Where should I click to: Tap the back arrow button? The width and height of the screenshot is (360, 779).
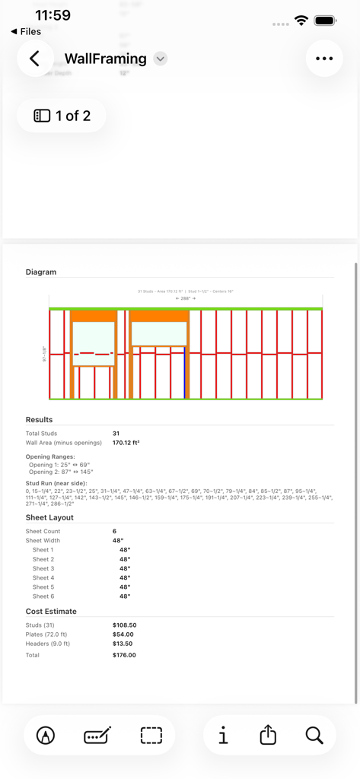34,59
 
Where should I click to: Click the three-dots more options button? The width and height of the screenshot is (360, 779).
324,59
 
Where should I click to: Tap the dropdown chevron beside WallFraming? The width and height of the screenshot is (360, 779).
160,59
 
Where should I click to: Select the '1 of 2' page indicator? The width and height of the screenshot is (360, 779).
62,116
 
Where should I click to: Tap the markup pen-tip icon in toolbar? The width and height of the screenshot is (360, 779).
46,735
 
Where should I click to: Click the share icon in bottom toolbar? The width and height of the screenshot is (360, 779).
268,735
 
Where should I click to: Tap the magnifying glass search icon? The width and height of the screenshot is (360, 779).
314,735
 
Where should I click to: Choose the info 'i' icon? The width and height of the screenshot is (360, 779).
223,735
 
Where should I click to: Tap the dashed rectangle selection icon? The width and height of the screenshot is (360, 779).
151,735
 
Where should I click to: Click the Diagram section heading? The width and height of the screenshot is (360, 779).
41,272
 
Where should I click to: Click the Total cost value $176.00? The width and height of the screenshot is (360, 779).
124,655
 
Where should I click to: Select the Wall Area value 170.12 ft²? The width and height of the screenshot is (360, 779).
126,442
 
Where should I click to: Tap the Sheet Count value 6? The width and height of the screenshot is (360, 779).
115,531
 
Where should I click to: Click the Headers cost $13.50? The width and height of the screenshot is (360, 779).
123,644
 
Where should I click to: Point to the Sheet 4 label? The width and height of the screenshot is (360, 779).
43,578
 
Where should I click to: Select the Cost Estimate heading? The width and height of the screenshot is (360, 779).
51,611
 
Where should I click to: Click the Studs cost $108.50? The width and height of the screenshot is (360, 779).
125,625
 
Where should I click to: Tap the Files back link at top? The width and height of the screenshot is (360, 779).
27,31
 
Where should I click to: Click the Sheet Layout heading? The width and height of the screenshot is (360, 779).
49,517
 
